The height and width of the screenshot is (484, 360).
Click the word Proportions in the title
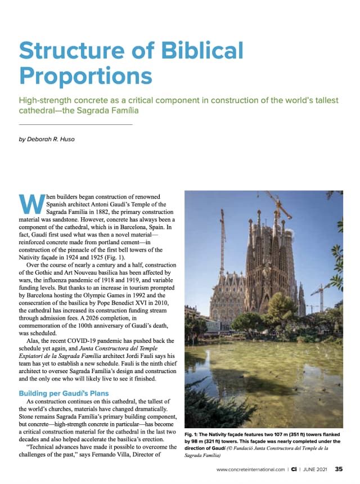tap(85, 75)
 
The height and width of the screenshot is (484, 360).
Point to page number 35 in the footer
tap(339, 468)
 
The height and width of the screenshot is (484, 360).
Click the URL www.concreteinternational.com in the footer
tap(250, 468)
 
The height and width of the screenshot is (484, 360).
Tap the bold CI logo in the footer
tap(294, 468)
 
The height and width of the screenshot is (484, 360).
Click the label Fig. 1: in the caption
tap(194, 434)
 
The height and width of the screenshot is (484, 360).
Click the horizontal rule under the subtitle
tap(75, 124)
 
